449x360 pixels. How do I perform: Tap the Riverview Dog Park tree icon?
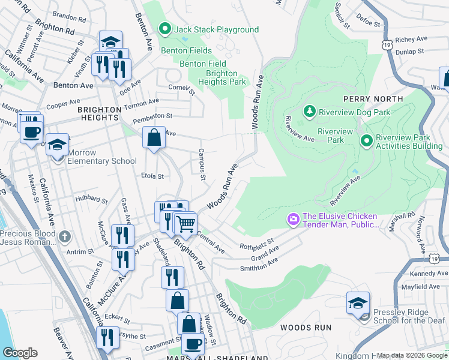coord(309,112)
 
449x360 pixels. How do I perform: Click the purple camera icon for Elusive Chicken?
coord(294,221)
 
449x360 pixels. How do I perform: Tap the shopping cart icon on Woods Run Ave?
coord(185,224)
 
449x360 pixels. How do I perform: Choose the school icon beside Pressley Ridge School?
coord(358,304)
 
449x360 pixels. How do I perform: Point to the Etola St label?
coord(152,176)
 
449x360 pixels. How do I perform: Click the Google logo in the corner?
coord(20,353)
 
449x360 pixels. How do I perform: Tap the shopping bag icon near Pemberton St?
coord(154,137)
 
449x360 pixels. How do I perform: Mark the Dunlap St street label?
coord(409,52)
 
